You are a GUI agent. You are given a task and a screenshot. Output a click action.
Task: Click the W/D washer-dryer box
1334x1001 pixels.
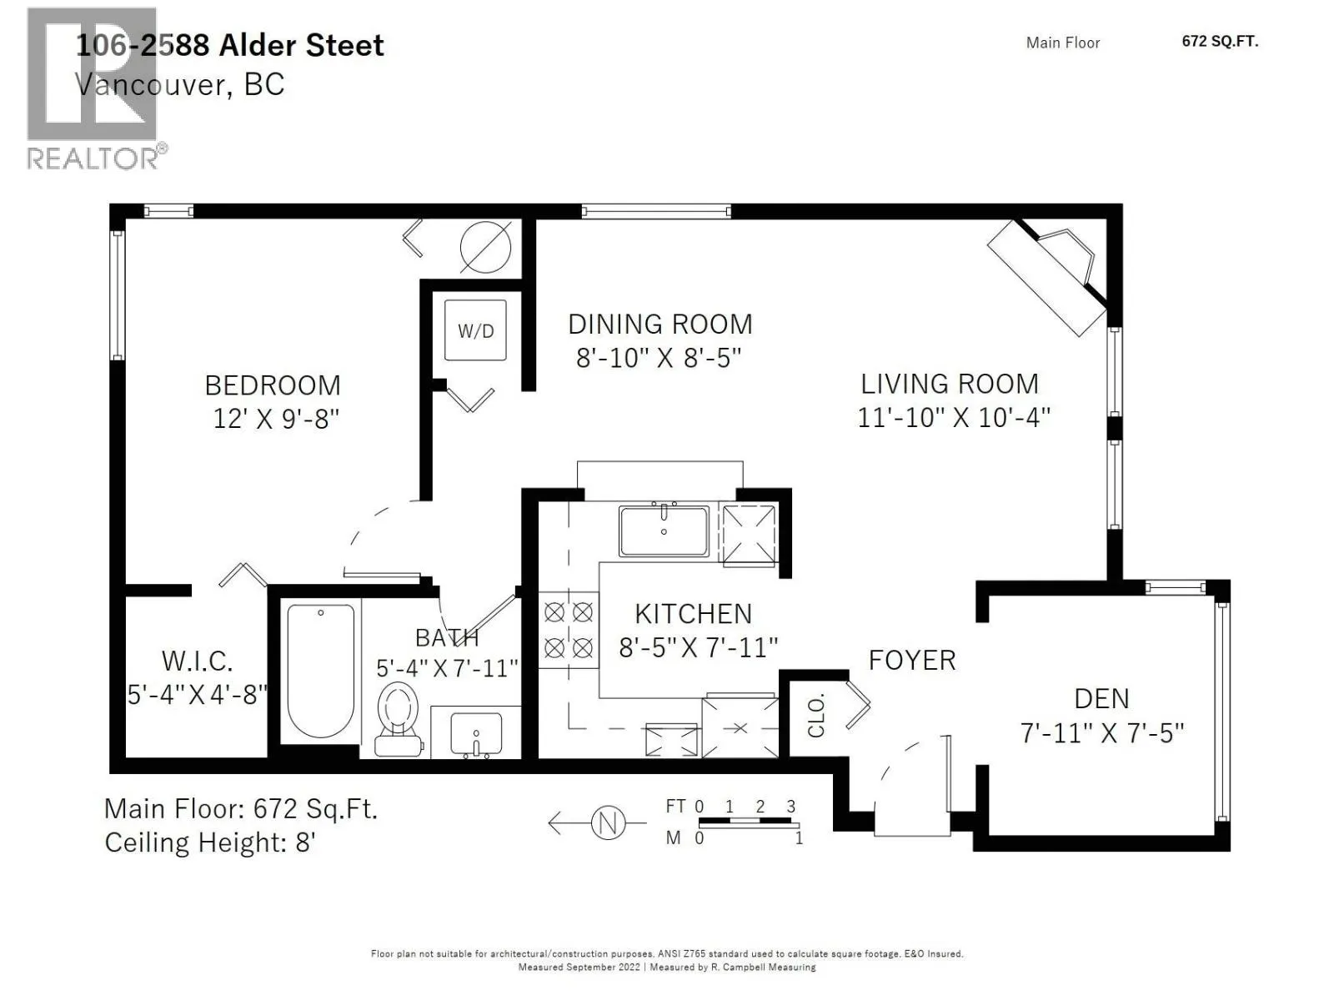pos(474,330)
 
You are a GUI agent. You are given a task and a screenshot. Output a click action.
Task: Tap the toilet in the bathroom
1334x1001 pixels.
pos(398,719)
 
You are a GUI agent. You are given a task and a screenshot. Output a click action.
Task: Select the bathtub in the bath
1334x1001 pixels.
pos(320,670)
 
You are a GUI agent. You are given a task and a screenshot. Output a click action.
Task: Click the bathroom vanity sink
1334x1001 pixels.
pos(476,733)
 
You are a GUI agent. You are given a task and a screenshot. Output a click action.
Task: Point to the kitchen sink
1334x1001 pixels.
pos(664,530)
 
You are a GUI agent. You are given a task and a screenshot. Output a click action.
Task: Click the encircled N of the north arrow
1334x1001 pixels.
pos(608,823)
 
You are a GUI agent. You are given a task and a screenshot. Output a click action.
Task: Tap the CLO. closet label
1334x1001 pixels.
pos(816,715)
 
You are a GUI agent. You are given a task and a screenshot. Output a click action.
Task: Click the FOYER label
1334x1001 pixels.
pos(911,660)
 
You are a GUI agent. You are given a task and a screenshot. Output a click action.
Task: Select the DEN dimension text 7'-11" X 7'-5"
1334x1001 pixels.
pos(1102,732)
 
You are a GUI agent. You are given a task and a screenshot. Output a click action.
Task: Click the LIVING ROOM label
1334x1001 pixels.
pos(950,384)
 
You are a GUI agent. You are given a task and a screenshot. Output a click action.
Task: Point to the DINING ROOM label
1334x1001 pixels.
pos(660,324)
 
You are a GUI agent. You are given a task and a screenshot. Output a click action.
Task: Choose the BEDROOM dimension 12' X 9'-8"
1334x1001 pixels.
pos(276,418)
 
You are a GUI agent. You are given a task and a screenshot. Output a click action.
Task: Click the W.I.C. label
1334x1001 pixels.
pos(197,661)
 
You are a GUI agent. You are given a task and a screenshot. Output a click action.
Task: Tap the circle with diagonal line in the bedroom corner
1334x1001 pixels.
pos(485,247)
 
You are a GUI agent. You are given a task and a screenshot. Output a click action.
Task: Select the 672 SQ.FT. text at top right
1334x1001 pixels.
pos(1220,42)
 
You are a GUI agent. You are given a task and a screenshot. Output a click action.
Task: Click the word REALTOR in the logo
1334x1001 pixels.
pos(93,158)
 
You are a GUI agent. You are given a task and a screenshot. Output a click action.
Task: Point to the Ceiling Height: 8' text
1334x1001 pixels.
pos(210,843)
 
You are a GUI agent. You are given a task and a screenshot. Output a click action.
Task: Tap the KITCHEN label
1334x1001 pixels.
pos(694,614)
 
